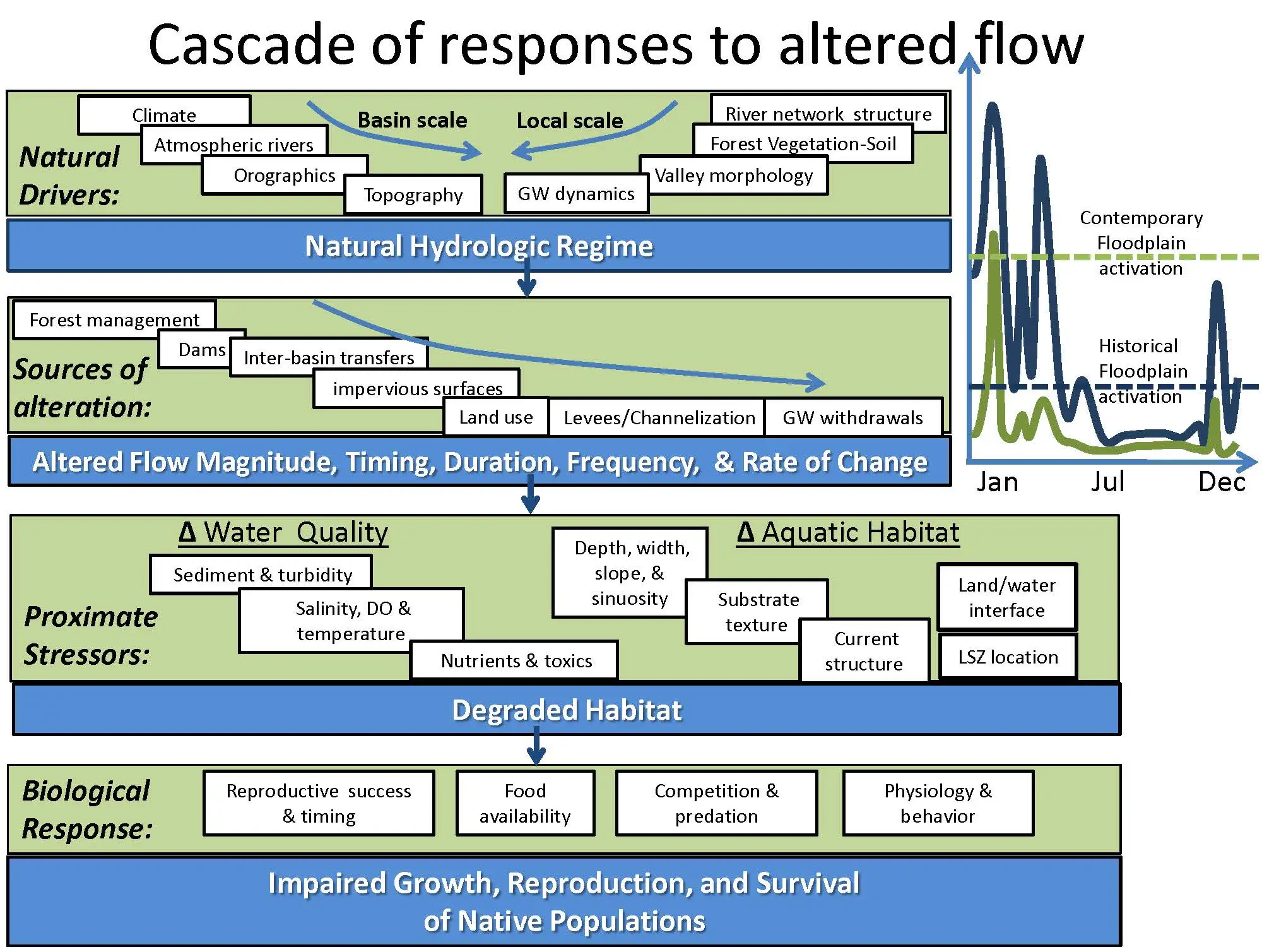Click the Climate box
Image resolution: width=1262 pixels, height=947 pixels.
pyautogui.click(x=164, y=114)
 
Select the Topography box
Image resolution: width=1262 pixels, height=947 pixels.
pyautogui.click(x=413, y=194)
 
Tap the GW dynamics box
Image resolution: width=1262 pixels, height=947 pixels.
pyautogui.click(x=576, y=193)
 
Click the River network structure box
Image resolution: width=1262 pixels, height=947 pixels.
pyautogui.click(x=829, y=114)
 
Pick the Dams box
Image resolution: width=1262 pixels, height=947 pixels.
pyautogui.click(x=202, y=349)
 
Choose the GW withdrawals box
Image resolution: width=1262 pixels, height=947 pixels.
pyautogui.click(x=853, y=417)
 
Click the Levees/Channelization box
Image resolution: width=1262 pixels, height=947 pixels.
pyautogui.click(x=659, y=417)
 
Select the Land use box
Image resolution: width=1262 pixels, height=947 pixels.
pyautogui.click(x=496, y=417)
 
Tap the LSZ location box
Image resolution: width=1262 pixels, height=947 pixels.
pyautogui.click(x=1008, y=657)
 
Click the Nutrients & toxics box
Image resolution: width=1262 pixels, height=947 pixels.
pyautogui.click(x=516, y=660)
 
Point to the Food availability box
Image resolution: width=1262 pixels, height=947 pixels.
pyautogui.click(x=525, y=803)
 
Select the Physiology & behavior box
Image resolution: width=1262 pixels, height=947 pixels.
pyautogui.click(x=938, y=803)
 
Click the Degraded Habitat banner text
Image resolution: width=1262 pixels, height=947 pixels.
pyautogui.click(x=567, y=710)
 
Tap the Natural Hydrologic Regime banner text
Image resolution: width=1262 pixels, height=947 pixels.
pyautogui.click(x=479, y=246)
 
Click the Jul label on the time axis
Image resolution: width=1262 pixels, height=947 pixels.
pyautogui.click(x=1107, y=482)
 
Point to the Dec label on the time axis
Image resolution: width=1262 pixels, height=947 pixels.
pyautogui.click(x=1222, y=482)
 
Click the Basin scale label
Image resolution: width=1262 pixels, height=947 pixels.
pyautogui.click(x=413, y=120)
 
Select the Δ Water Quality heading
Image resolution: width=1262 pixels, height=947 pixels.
pyautogui.click(x=283, y=532)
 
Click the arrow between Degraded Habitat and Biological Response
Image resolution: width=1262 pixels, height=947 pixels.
pyautogui.click(x=536, y=746)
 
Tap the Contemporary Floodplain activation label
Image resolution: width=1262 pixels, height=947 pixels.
pyautogui.click(x=1141, y=243)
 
